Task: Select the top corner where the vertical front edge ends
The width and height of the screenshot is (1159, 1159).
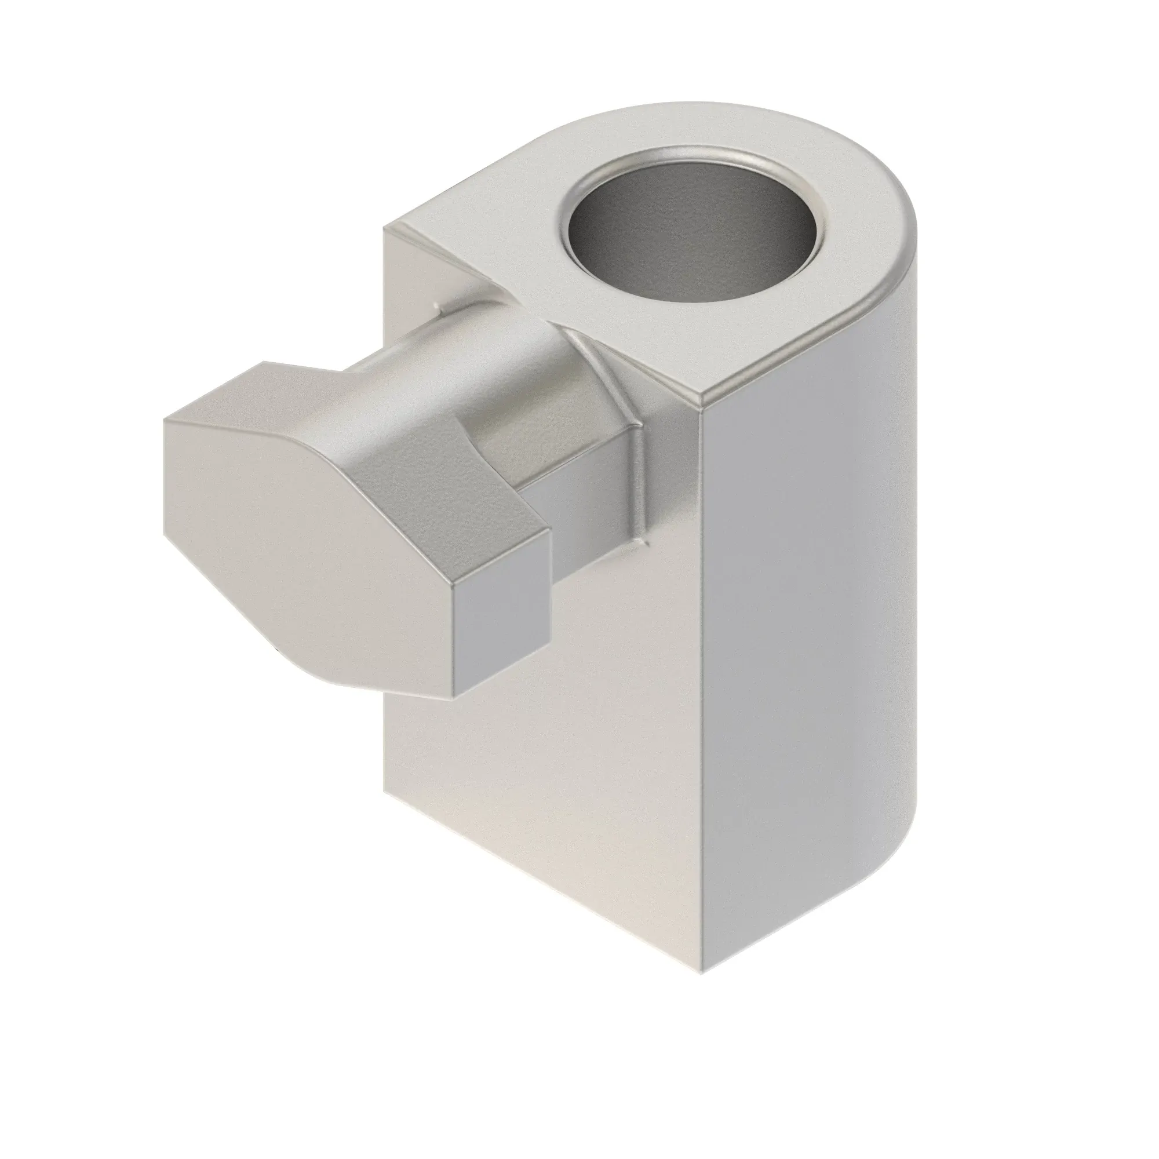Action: click(x=702, y=401)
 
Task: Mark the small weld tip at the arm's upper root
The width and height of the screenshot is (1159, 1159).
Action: click(x=440, y=308)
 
